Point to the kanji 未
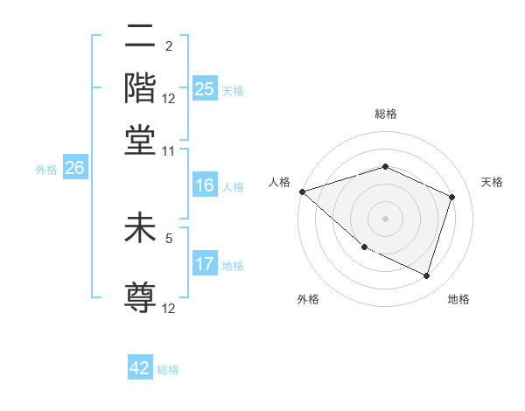tap(140, 229)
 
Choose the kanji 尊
tap(140, 298)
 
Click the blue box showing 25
tap(205, 89)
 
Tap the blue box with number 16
tap(205, 185)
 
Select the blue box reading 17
tap(205, 264)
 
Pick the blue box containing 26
tap(74, 169)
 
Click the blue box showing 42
tap(140, 368)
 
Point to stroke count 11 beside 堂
tap(169, 150)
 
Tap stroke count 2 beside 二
tap(169, 47)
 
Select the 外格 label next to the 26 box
tap(46, 170)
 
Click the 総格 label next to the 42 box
tap(168, 370)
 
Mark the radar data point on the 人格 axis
tap(302, 192)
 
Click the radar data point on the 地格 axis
tap(426, 276)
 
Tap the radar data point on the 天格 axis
tap(452, 197)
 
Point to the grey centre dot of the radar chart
tap(385, 219)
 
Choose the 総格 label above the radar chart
tap(385, 114)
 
